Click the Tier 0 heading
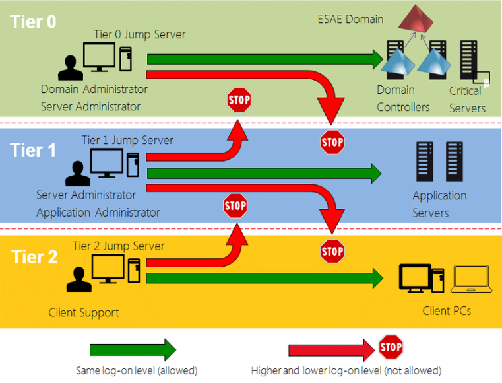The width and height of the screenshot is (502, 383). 33,22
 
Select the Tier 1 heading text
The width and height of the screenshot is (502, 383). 33,150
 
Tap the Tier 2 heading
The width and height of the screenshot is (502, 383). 34,257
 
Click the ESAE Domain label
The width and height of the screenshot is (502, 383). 350,19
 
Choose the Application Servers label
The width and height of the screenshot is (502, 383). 439,204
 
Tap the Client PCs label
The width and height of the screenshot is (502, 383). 447,310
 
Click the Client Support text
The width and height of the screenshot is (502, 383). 84,312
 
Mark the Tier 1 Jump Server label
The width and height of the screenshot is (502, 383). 127,140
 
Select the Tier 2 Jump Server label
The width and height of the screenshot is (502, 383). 118,246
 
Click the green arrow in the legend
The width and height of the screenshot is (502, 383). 133,349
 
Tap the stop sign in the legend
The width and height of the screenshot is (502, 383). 391,347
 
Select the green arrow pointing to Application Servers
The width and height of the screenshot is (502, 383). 264,174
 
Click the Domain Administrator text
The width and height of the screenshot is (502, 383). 94,89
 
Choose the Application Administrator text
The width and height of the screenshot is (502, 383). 98,213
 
